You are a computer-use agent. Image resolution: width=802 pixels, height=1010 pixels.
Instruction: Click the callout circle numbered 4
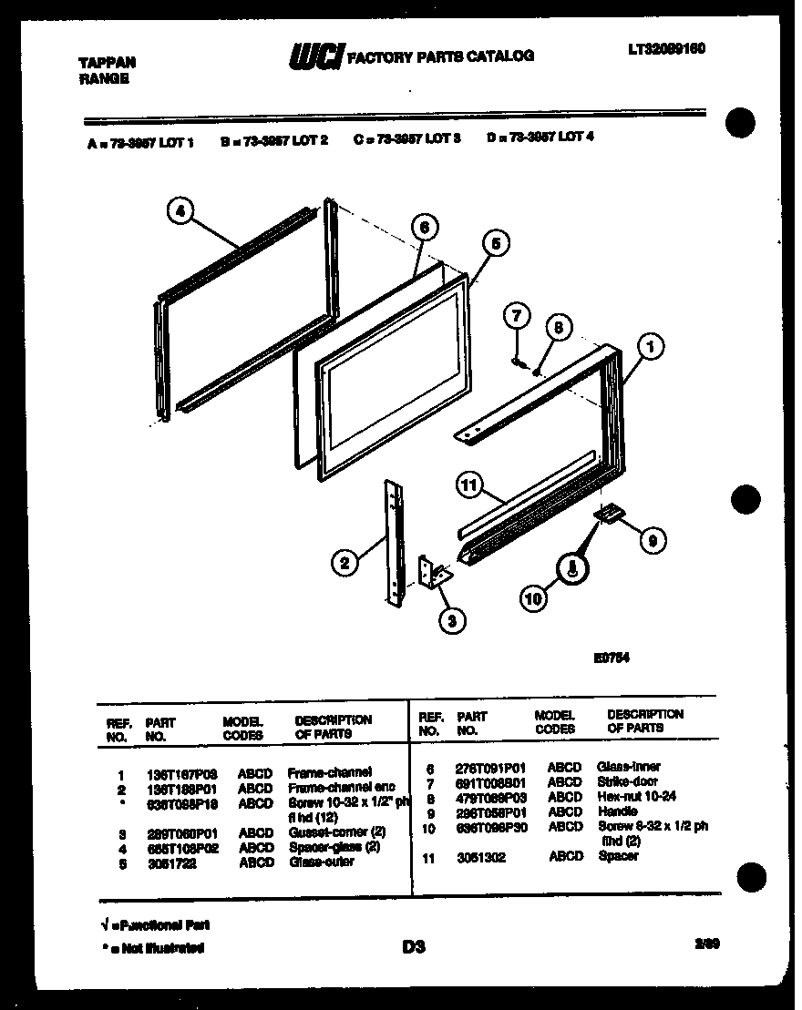pyautogui.click(x=180, y=212)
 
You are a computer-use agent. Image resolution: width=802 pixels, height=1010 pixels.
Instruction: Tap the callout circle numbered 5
pyautogui.click(x=494, y=243)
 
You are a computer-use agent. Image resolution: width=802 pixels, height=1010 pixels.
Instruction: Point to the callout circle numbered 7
pyautogui.click(x=516, y=317)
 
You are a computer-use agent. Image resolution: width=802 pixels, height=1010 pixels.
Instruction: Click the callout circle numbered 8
pyautogui.click(x=558, y=328)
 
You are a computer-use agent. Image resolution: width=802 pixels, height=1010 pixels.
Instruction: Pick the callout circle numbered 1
pyautogui.click(x=650, y=346)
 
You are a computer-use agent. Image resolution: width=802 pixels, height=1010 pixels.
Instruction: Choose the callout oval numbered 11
pyautogui.click(x=469, y=486)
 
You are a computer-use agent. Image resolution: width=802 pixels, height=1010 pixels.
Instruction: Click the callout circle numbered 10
pyautogui.click(x=532, y=598)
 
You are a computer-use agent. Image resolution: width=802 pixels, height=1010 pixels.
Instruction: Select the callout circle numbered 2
pyautogui.click(x=344, y=565)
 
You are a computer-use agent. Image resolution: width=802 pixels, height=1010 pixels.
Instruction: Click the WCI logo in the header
pyautogui.click(x=314, y=56)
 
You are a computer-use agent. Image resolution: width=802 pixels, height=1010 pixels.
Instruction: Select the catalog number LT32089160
pyautogui.click(x=665, y=48)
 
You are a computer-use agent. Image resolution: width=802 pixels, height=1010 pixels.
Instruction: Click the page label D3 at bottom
pyautogui.click(x=414, y=947)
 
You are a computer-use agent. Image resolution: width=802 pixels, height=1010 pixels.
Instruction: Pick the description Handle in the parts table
pyautogui.click(x=618, y=811)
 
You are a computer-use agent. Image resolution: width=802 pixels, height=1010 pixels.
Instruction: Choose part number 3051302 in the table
pyautogui.click(x=481, y=858)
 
